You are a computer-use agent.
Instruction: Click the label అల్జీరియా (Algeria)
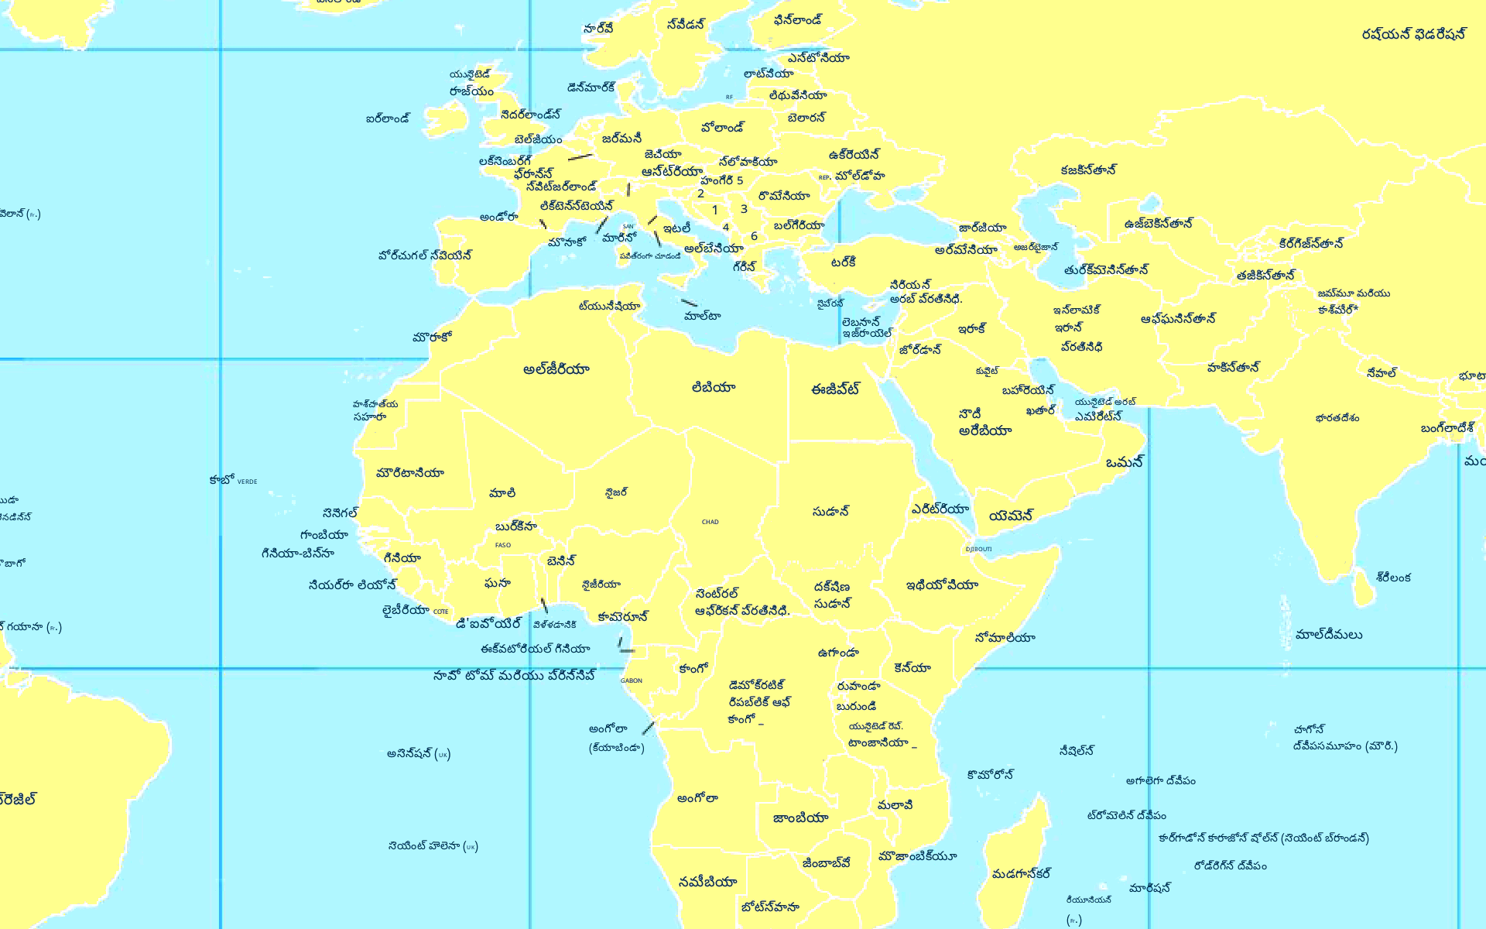pos(556,369)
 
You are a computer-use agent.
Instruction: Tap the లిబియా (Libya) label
pos(713,387)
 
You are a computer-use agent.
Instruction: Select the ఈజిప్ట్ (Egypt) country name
pos(835,389)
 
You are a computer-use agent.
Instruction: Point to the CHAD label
pos(710,522)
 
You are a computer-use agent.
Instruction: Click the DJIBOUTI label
pos(978,549)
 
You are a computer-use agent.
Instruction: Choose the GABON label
pos(631,680)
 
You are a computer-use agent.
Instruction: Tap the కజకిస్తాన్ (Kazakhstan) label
pos(1088,170)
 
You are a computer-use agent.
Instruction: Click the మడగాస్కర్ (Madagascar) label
pos(1021,873)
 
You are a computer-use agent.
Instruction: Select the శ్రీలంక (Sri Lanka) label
pos(1393,577)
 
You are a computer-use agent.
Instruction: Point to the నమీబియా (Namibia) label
pos(707,882)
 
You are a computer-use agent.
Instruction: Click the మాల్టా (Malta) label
pos(702,316)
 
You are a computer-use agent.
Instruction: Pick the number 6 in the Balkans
pos(754,236)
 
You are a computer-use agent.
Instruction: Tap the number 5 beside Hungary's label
pos(740,180)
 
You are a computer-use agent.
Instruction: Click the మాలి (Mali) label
pos(502,493)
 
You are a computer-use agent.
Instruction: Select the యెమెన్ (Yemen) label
pos(1011,516)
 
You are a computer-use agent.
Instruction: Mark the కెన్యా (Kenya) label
pos(912,667)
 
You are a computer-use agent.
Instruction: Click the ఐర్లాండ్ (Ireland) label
pos(388,119)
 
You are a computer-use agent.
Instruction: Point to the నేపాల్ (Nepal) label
pos(1382,373)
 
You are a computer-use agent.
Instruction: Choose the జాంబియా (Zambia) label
pos(800,818)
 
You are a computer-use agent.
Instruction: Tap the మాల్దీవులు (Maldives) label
pos(1329,635)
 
